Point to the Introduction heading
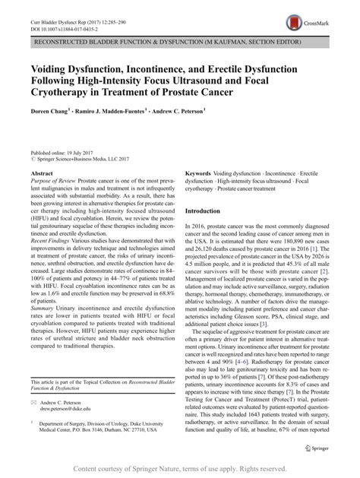click(208, 211)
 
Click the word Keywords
click(199, 174)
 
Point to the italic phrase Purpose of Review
click(52, 182)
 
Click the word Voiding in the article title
click(57, 67)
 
